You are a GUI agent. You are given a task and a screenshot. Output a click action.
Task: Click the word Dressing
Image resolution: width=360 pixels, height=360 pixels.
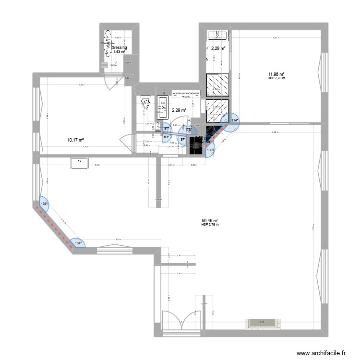pos(119,48)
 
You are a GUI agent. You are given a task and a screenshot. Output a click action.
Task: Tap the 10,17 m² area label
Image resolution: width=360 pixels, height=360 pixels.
pos(75,140)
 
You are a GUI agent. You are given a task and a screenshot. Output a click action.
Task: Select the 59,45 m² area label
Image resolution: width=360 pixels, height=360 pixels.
pos(210,220)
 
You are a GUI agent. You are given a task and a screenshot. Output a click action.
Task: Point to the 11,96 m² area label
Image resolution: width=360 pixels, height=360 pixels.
pos(276,74)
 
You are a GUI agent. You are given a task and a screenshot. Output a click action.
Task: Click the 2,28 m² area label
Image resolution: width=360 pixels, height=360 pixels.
pos(219,48)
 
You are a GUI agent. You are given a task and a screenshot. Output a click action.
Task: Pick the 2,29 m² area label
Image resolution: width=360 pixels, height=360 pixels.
pos(179,110)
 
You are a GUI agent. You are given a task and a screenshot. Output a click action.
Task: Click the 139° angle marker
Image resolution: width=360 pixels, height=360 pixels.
pos(44,204)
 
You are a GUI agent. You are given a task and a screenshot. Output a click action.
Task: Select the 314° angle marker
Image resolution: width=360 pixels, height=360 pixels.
pos(234,120)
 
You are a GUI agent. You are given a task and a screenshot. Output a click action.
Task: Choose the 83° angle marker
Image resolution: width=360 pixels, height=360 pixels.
pos(167,137)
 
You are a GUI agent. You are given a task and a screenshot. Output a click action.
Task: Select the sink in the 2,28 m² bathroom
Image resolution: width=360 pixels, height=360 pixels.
pos(218,34)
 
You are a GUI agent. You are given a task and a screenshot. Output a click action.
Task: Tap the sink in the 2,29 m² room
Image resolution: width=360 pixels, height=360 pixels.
pos(162,108)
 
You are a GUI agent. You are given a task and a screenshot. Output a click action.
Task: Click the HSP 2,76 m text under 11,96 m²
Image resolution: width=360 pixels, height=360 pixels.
pos(276,78)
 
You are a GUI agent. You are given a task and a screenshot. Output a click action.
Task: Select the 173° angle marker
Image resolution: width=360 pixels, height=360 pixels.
pos(189,130)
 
